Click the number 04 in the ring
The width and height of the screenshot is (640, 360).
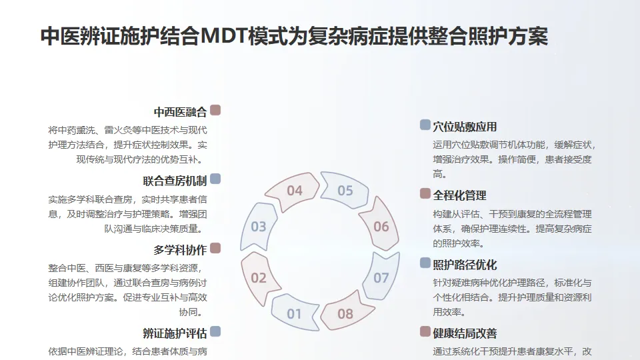click(295, 191)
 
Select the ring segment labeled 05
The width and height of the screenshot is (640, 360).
click(345, 191)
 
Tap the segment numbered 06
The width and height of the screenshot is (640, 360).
click(381, 227)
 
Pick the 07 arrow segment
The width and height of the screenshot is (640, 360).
click(381, 277)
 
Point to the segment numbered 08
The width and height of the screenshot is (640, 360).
click(345, 313)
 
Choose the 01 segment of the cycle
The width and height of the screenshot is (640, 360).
click(294, 313)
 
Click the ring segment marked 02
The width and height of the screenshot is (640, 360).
click(259, 277)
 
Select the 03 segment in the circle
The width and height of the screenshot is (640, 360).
click(259, 227)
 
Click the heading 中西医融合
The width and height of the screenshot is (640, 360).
click(180, 111)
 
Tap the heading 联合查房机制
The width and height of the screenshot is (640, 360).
click(175, 181)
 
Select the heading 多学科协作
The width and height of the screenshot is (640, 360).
click(180, 250)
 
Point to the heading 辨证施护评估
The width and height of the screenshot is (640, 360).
click(175, 333)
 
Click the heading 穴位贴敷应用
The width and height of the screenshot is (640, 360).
click(465, 126)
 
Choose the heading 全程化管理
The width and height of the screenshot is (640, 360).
click(459, 195)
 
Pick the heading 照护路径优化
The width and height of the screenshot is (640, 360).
click(465, 265)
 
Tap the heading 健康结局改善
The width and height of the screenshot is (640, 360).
click(465, 333)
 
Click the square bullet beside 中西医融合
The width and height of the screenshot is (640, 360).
click(215, 110)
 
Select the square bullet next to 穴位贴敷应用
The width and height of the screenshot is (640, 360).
click(425, 125)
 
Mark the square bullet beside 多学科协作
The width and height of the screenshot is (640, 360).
click(215, 249)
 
